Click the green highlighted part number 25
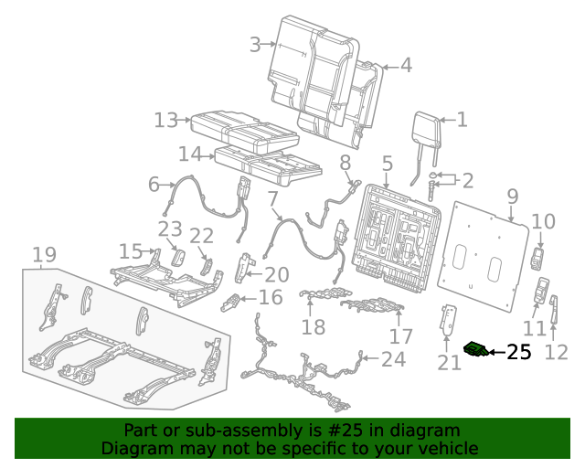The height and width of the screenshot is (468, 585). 476,350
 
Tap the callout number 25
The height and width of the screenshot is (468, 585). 518,353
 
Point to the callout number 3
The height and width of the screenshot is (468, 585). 255,43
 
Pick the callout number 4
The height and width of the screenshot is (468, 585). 405,65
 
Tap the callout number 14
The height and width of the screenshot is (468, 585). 189,154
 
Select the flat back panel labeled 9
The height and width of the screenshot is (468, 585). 489,261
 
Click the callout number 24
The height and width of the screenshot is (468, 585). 393,359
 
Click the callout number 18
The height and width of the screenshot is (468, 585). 314,327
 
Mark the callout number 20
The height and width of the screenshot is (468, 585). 276,273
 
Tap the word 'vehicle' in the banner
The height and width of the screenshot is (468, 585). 448,449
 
